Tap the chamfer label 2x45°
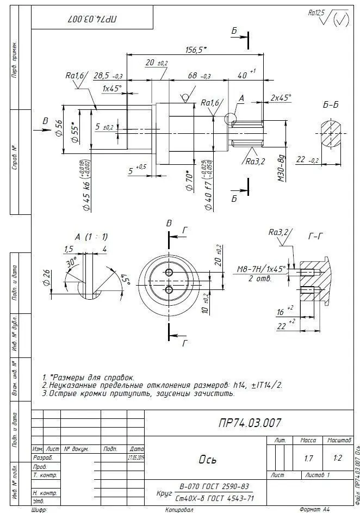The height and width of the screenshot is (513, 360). tap(281, 98)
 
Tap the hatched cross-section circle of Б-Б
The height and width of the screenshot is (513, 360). tap(330, 133)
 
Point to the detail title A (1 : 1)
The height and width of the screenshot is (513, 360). tap(91, 237)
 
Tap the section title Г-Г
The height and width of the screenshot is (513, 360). tap(316, 237)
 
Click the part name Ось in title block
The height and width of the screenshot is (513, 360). tap(208, 460)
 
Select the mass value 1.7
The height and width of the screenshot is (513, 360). tap(308, 459)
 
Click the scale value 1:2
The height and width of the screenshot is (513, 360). tap(337, 459)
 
